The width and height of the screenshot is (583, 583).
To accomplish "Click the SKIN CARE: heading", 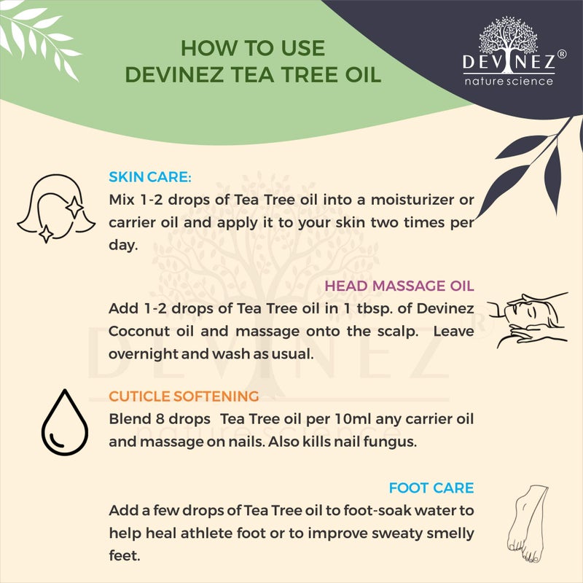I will click(x=150, y=176).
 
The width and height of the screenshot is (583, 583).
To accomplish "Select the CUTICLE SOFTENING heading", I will click(x=184, y=396).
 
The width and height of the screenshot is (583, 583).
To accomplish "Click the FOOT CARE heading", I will click(x=431, y=488).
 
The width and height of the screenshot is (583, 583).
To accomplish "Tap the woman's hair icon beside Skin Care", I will click(x=57, y=206).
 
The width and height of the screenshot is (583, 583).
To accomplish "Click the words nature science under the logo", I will click(x=509, y=80).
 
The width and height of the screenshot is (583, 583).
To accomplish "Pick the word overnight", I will click(x=144, y=353).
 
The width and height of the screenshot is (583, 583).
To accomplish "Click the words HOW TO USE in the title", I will click(x=252, y=49).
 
